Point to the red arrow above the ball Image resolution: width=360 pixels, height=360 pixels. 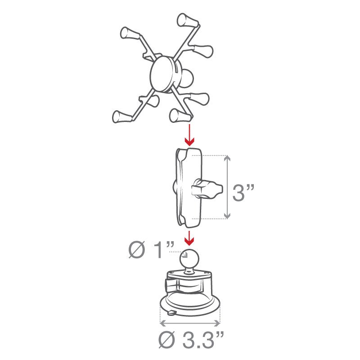pyautogui.click(x=189, y=238)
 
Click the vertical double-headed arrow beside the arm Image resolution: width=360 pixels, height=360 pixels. pyautogui.click(x=227, y=187)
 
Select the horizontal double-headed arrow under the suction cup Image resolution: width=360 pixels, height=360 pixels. pyautogui.click(x=190, y=323)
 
